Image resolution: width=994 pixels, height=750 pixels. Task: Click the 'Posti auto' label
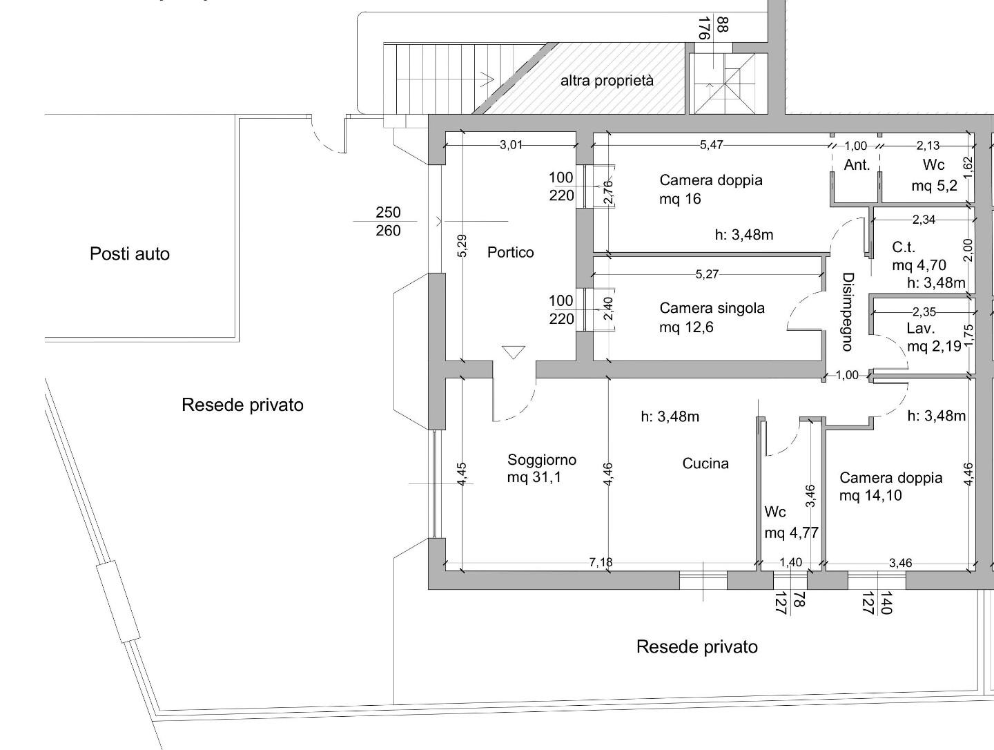tap(130, 254)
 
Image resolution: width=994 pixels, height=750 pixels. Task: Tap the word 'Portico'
tap(510, 252)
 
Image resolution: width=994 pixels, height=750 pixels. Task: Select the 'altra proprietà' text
tap(607, 81)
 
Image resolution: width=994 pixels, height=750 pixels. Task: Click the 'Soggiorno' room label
tap(542, 460)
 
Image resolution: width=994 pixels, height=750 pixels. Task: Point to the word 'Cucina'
tap(705, 463)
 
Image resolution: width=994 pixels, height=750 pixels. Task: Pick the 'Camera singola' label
tap(712, 309)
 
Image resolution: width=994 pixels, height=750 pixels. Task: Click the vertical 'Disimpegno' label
tap(848, 311)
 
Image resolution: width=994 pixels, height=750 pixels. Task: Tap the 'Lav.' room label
tap(921, 328)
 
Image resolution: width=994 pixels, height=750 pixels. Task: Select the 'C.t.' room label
tap(904, 247)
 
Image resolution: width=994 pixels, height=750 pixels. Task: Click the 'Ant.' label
tap(857, 165)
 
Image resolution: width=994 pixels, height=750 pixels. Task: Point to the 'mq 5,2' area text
tap(934, 185)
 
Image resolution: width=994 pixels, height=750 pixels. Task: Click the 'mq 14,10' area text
tap(870, 495)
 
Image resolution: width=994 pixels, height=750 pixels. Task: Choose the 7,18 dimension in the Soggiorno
tap(601, 562)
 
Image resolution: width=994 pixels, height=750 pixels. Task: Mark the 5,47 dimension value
tap(712, 145)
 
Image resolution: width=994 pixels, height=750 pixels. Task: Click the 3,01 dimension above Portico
tap(511, 145)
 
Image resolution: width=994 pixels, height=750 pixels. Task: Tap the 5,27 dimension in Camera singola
tap(707, 274)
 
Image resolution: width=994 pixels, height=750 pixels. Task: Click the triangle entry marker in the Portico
tap(514, 352)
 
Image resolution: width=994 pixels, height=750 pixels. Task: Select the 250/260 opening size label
tap(388, 222)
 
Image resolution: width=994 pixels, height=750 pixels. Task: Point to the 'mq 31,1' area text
tap(534, 477)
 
